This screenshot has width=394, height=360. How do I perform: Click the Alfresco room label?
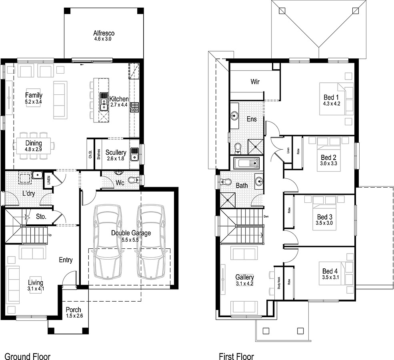pyautogui.click(x=104, y=33)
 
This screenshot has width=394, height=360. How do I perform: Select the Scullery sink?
pyautogui.click(x=134, y=152)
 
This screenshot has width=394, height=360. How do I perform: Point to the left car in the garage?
pyautogui.click(x=106, y=242)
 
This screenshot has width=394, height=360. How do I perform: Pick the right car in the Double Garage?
pyautogui.click(x=151, y=242)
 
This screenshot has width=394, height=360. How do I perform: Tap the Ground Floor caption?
pyautogui.click(x=27, y=356)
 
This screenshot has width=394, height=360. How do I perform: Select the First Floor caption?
pyautogui.click(x=236, y=356)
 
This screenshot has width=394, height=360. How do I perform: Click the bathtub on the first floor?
pyautogui.click(x=246, y=163)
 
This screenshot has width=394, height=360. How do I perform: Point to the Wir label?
pyautogui.click(x=255, y=82)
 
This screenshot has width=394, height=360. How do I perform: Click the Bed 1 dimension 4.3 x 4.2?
pyautogui.click(x=331, y=104)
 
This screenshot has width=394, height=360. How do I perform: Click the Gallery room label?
pyautogui.click(x=244, y=277)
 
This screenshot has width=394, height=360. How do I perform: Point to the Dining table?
pyautogui.click(x=34, y=144)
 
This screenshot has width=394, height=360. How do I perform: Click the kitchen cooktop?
pyautogui.click(x=134, y=106)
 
